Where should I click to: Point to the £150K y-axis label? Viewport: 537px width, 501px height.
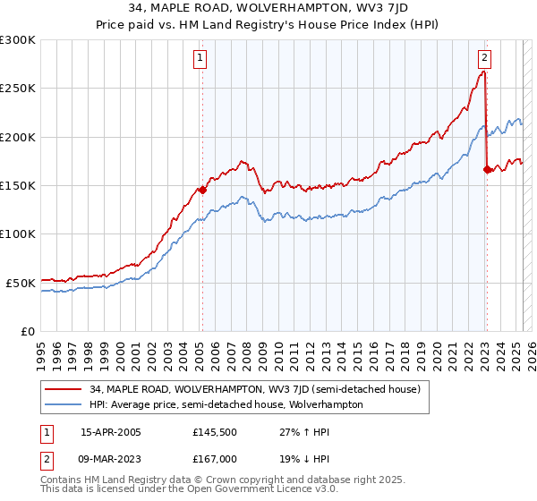18,185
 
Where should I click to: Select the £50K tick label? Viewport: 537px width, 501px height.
21,283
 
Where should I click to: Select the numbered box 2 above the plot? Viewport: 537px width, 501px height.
484,59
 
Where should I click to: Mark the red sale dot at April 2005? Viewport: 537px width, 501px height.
202,190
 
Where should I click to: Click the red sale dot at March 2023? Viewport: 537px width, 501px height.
486,169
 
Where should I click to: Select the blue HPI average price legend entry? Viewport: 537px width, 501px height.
226,404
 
